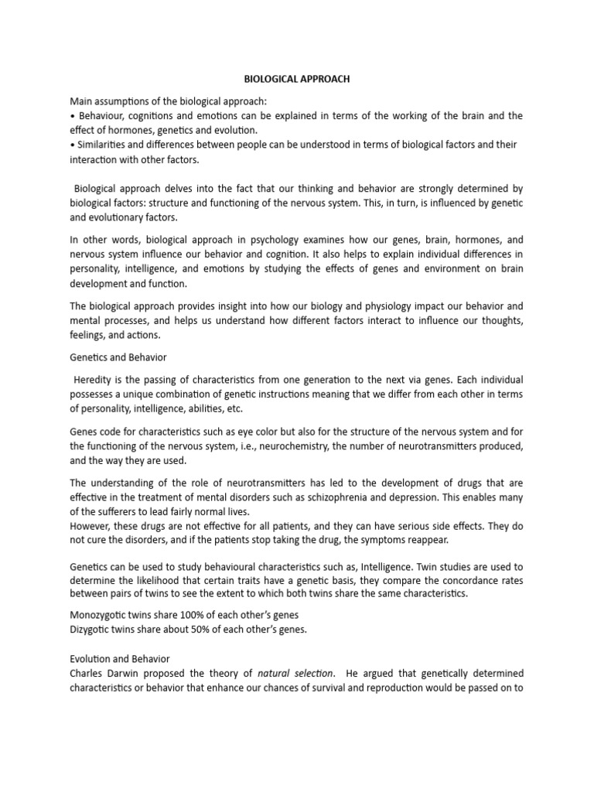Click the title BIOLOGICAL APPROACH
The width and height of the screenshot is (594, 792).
(297, 79)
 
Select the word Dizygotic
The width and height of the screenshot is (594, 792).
(92, 629)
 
